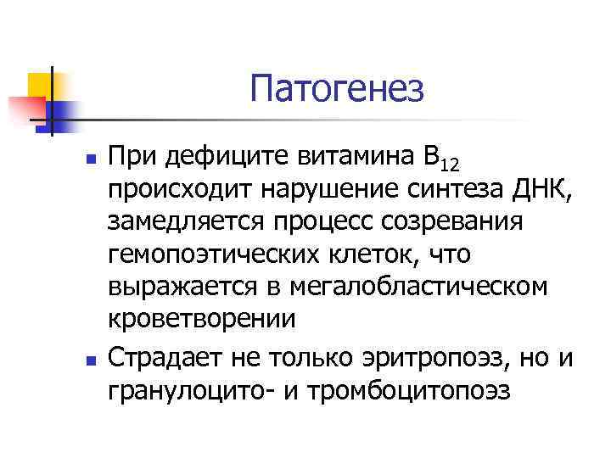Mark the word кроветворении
[201, 319]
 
